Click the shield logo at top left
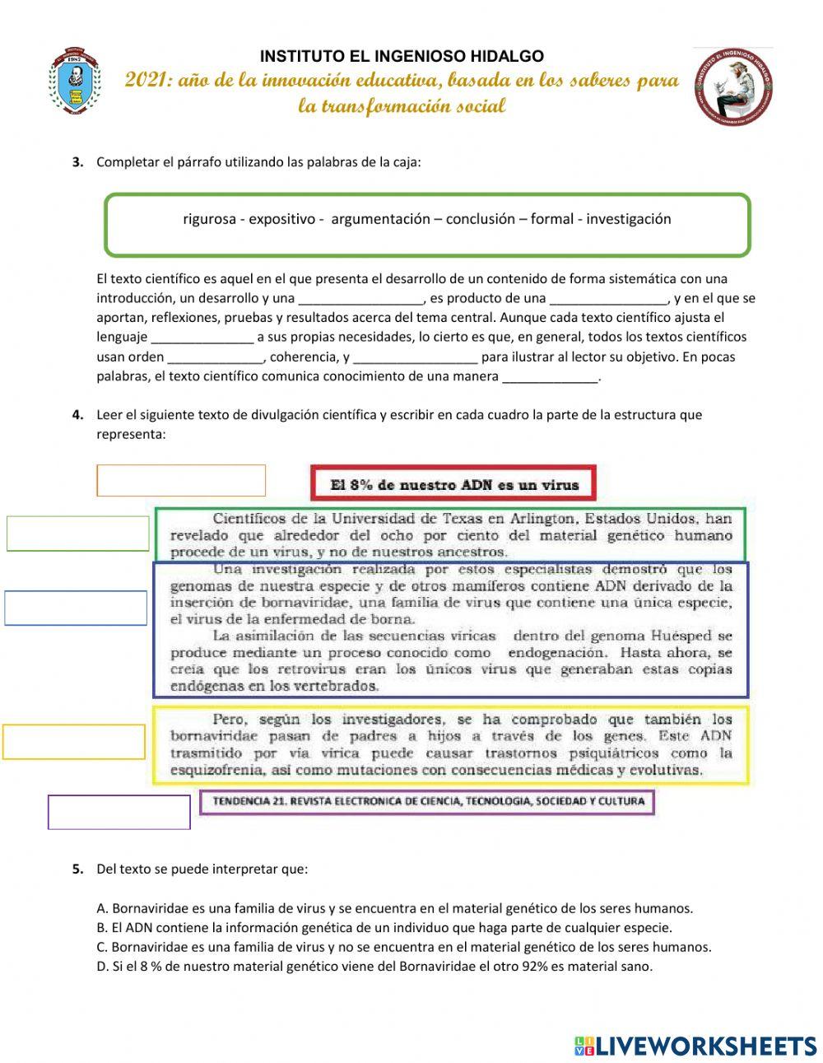click(x=75, y=82)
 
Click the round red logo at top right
click(x=732, y=86)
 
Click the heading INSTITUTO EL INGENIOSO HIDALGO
click(x=402, y=56)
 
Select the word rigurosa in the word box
click(x=209, y=219)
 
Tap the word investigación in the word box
click(x=629, y=219)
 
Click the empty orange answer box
click(x=181, y=480)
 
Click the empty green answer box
click(x=78, y=534)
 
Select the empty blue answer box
click(x=76, y=608)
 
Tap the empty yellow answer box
click(x=74, y=741)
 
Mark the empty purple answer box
click(x=119, y=812)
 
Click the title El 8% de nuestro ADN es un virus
click(x=453, y=484)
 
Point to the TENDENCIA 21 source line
click(x=428, y=801)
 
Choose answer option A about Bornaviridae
click(x=395, y=908)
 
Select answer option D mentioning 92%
click(x=374, y=966)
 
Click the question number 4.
click(x=78, y=414)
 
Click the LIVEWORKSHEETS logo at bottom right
click(x=695, y=1046)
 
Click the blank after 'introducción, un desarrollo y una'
click(x=360, y=299)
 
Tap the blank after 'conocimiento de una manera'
click(x=550, y=377)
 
